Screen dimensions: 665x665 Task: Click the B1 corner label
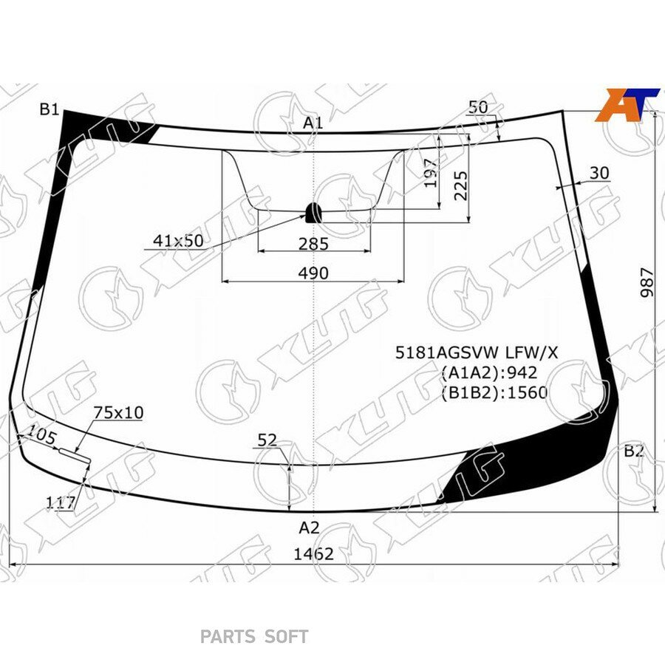pos(50,109)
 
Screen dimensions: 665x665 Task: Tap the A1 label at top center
pos(313,123)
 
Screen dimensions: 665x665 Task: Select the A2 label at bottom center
pos(309,528)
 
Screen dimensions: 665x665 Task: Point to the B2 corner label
pos(634,451)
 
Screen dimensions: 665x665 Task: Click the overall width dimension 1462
pos(314,554)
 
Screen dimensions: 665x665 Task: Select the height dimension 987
pos(647,282)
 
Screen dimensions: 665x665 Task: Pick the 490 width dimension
pos(313,273)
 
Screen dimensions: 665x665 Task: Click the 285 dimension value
pos(313,244)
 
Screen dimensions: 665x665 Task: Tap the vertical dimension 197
pos(431,173)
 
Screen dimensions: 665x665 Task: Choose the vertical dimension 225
pos(460,185)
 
